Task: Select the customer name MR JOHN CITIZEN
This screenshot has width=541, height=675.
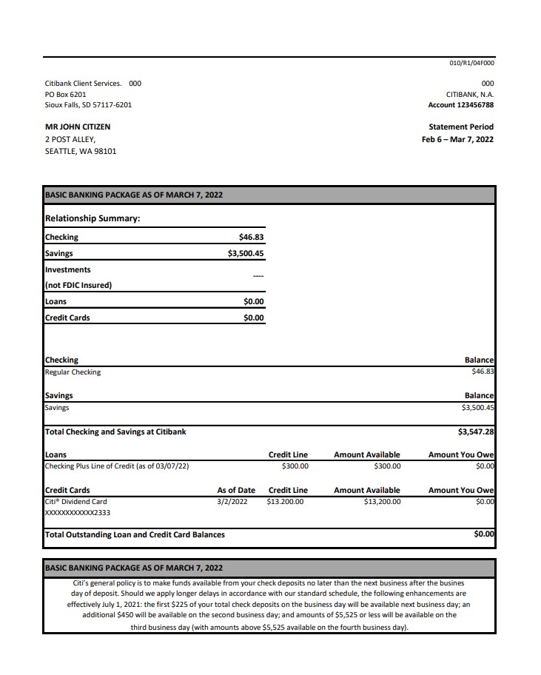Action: click(78, 127)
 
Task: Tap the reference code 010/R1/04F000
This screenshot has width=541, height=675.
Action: click(471, 64)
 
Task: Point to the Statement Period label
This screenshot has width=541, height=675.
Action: click(456, 127)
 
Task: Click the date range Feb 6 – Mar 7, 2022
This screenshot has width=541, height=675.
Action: click(457, 139)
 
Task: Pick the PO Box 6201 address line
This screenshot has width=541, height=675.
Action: click(66, 94)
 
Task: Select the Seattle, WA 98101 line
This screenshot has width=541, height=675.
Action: click(81, 151)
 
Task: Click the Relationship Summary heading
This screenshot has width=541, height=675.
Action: click(93, 218)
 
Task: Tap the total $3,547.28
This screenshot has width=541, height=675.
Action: click(476, 431)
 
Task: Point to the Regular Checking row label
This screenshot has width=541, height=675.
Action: click(73, 372)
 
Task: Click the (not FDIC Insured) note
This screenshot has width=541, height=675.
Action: click(78, 285)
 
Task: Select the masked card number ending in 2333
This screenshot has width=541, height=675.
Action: click(78, 512)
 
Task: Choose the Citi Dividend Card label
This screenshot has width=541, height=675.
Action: click(75, 501)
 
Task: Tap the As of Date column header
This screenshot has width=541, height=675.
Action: click(236, 490)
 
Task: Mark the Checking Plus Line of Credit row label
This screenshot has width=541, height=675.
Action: click(117, 466)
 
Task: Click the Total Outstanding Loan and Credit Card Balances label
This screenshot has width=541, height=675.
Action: click(135, 534)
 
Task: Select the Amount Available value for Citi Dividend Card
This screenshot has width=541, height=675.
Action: click(382, 501)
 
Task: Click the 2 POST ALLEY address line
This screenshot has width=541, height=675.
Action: click(70, 139)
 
